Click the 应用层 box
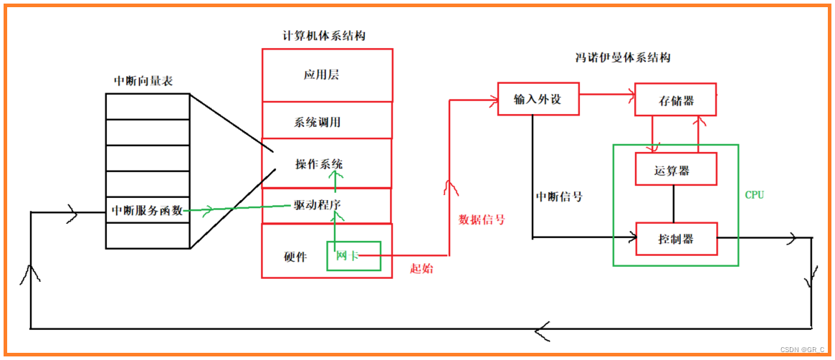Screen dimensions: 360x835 [x=327, y=75]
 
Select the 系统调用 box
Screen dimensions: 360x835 [x=327, y=121]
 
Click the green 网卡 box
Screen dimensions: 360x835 [x=353, y=256]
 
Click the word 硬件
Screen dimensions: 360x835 [x=295, y=257]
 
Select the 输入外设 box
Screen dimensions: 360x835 [x=538, y=100]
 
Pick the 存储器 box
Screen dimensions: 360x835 [x=675, y=100]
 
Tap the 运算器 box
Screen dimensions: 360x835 [x=675, y=171]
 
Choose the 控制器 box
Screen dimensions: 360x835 [x=675, y=239]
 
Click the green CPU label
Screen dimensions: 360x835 [x=754, y=195]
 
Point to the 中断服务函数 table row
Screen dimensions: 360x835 [x=147, y=211]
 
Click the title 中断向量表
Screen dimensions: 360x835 [x=143, y=81]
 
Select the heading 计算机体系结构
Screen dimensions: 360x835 [x=325, y=36]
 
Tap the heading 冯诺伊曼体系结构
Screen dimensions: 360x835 [x=623, y=58]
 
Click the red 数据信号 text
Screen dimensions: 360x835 [x=481, y=219]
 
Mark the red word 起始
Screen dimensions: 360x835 [x=421, y=268]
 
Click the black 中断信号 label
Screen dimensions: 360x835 [x=558, y=196]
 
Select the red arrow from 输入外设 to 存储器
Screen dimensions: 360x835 [x=606, y=94]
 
